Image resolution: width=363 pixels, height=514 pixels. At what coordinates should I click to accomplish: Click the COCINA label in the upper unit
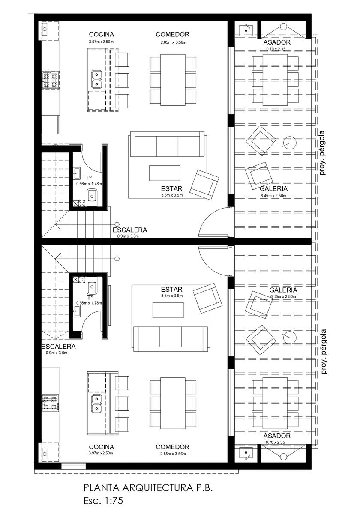[x=101, y=34]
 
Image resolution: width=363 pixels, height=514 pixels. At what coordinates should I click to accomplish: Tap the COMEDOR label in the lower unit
[x=172, y=447]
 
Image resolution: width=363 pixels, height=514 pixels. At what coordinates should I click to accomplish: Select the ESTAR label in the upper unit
[x=171, y=188]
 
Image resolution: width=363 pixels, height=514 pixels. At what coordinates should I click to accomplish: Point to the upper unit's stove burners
[x=50, y=79]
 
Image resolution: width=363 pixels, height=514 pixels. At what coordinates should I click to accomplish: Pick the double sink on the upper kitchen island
[x=97, y=79]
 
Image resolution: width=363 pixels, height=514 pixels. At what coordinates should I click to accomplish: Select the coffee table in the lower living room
[x=168, y=310]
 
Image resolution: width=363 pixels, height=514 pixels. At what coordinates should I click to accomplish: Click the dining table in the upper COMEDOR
[x=173, y=80]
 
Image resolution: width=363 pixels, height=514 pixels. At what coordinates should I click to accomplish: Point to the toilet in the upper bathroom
[x=92, y=195]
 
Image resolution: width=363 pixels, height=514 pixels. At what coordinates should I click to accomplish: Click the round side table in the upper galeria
[x=290, y=143]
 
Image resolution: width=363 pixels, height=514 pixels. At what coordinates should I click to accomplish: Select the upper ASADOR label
[x=277, y=42]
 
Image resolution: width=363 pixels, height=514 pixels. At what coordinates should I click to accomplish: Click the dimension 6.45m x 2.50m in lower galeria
[x=283, y=296]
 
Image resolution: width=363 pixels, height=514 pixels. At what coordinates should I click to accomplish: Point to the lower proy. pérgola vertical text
[x=324, y=352]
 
